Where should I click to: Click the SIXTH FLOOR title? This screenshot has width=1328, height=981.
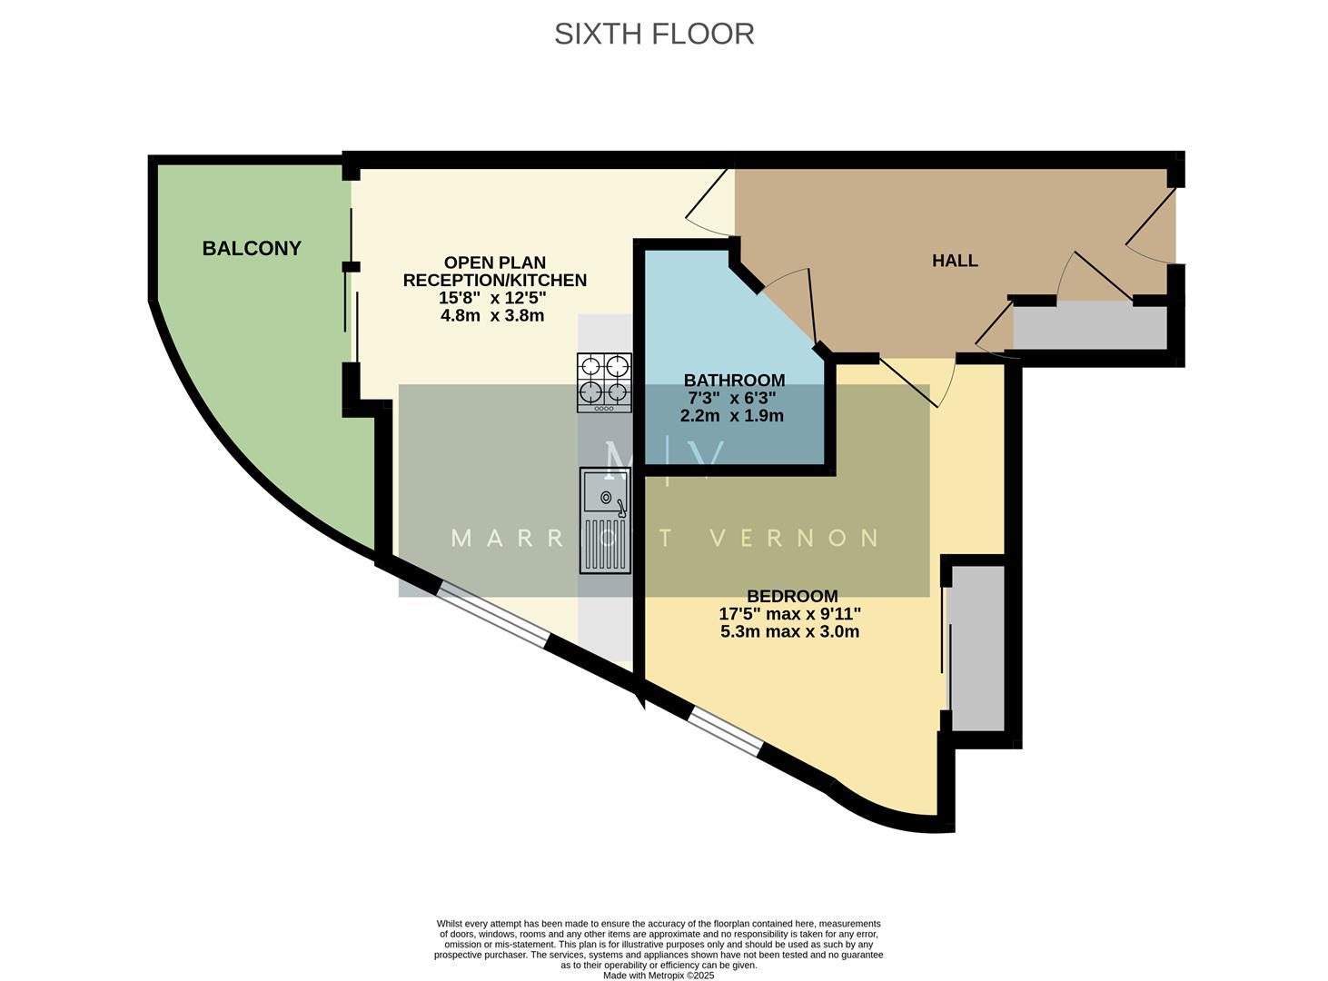click(x=654, y=34)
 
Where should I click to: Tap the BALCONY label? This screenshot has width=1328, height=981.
click(x=252, y=248)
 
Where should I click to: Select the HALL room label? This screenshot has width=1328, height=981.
click(x=955, y=261)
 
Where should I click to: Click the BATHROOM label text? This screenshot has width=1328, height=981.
click(x=734, y=380)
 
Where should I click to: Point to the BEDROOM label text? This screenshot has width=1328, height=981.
click(x=792, y=596)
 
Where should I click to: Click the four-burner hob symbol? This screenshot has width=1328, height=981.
click(x=605, y=381)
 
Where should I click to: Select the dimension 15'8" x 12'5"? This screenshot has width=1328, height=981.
click(x=494, y=298)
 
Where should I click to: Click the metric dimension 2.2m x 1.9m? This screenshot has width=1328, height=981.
click(x=732, y=416)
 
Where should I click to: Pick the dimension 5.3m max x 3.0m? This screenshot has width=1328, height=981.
click(x=789, y=631)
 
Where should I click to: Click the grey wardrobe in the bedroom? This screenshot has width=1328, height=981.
click(x=976, y=647)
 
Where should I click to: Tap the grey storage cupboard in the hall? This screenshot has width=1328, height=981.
click(x=1089, y=328)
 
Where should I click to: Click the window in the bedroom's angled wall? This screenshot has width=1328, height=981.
click(x=724, y=733)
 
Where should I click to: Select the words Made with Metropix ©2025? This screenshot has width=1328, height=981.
click(x=659, y=976)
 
